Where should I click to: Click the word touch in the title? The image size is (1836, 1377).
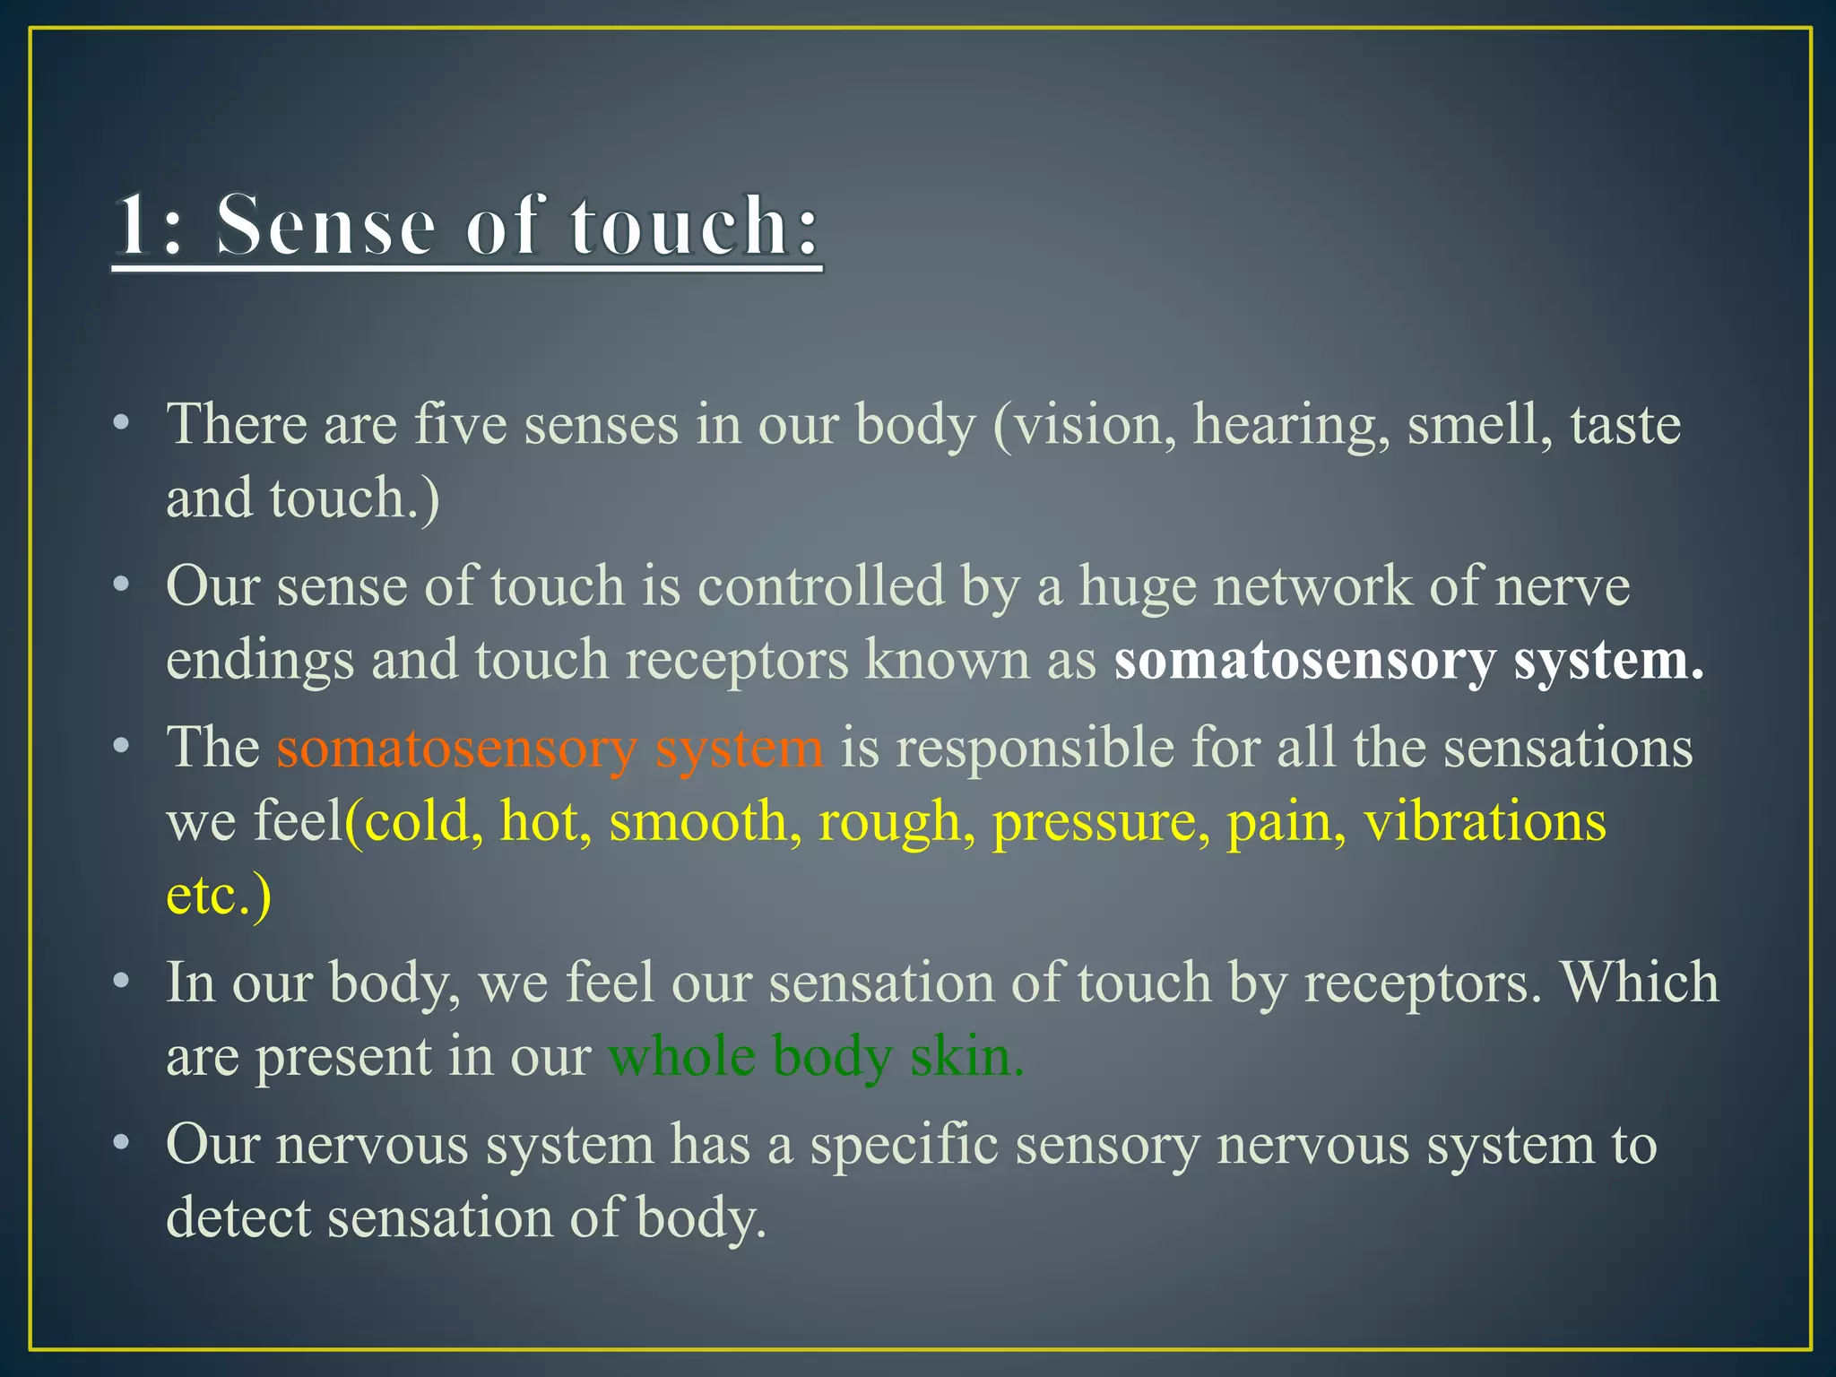(x=680, y=226)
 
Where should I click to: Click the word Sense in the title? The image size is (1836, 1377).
(x=325, y=226)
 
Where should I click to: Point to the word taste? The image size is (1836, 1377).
(x=1624, y=425)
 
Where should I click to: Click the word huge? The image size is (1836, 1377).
(x=1137, y=588)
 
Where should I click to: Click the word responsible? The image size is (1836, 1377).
(x=1035, y=748)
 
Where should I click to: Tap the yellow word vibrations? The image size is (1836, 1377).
(x=1485, y=821)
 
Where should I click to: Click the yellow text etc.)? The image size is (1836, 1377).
(x=219, y=895)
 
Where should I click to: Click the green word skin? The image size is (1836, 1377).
(x=966, y=1056)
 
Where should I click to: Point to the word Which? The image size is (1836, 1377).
(x=1640, y=983)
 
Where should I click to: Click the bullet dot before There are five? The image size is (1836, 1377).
(x=122, y=424)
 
